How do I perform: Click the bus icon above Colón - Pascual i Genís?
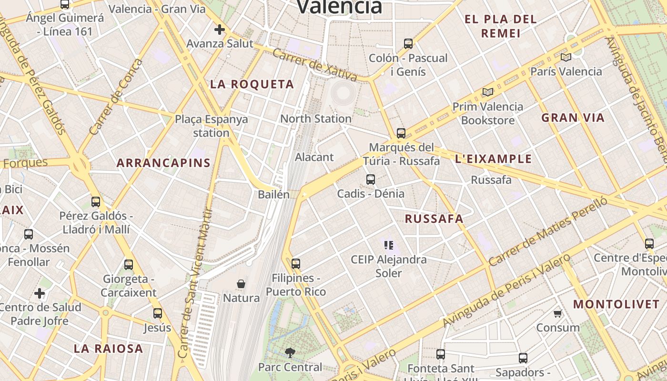(408, 44)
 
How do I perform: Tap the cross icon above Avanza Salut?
(219, 30)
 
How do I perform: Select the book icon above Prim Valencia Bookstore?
(487, 92)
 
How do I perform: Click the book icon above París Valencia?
(566, 57)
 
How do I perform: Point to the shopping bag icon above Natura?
(241, 284)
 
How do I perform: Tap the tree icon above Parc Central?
(290, 353)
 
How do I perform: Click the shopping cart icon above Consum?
(558, 313)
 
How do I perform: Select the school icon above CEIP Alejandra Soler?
(388, 245)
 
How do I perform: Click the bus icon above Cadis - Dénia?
(371, 180)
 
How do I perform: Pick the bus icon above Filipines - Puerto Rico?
(296, 263)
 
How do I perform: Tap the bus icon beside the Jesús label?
(158, 313)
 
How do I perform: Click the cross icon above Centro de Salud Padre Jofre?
(40, 292)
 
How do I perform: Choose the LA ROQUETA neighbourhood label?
(252, 84)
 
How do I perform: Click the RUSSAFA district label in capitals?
(434, 219)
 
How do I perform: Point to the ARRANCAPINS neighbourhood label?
(163, 163)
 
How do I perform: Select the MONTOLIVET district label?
(616, 304)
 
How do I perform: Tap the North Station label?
(316, 119)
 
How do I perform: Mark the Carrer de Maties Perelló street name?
(548, 232)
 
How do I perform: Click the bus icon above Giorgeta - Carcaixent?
(129, 265)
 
